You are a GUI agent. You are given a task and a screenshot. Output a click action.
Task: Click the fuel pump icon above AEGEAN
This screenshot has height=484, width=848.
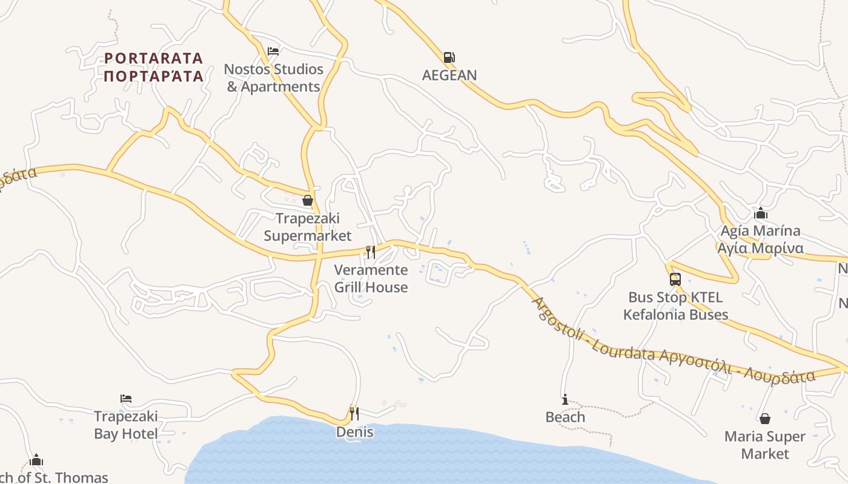tap(449, 57)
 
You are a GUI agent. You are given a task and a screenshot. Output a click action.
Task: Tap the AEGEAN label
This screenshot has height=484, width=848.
tap(449, 75)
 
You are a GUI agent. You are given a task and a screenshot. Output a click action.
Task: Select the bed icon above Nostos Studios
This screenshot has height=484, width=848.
tap(273, 51)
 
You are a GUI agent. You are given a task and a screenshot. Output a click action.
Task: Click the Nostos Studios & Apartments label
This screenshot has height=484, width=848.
tap(274, 78)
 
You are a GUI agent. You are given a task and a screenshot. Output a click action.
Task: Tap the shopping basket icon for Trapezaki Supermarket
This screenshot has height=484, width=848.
tap(308, 200)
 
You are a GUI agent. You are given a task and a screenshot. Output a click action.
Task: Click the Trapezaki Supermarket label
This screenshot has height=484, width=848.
tap(308, 227)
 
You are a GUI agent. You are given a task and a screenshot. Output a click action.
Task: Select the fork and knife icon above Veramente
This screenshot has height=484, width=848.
tap(371, 252)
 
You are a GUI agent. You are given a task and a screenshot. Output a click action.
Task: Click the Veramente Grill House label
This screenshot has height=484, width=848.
tap(371, 278)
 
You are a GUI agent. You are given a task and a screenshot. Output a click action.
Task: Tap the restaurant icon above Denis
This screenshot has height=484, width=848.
tap(354, 414)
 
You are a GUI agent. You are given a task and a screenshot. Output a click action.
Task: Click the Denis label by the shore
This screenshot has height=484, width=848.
tap(355, 432)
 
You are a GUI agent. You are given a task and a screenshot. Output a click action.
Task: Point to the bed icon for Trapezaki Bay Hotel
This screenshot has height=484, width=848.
tap(126, 399)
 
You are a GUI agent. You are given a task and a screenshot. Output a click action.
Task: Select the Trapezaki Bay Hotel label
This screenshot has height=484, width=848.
tap(126, 425)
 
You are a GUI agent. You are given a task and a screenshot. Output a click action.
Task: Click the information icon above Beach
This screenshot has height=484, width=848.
tap(565, 400)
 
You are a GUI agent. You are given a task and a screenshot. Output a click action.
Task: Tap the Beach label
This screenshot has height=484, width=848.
tap(565, 417)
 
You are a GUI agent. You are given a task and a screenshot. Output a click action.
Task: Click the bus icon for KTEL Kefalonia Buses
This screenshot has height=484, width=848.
tap(675, 280)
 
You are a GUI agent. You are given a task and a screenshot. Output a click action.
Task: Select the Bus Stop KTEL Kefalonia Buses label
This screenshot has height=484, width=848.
tap(676, 306)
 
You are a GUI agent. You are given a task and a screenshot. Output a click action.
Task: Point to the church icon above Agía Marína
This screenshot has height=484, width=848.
tap(761, 214)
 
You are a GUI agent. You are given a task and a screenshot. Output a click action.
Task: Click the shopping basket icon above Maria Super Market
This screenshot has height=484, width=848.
tap(765, 419)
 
